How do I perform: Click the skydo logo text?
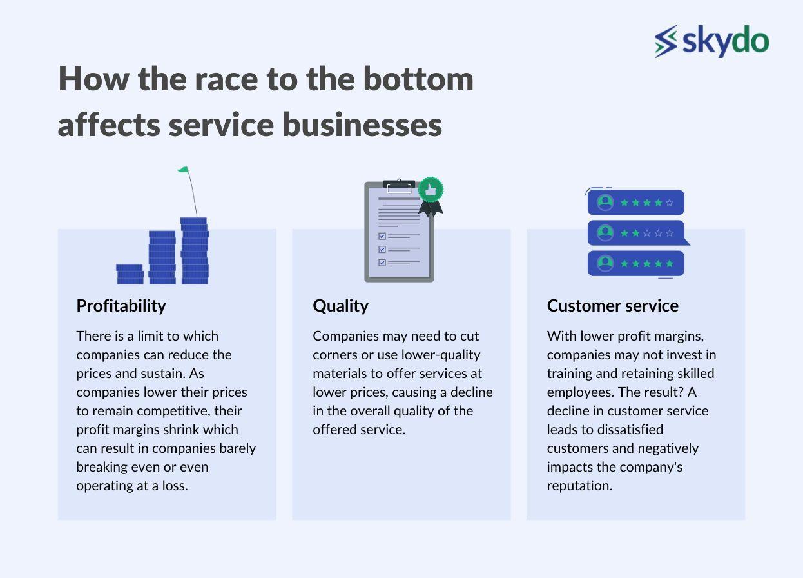pos(726,41)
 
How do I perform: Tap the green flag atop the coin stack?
pos(184,170)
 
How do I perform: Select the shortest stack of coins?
pos(130,274)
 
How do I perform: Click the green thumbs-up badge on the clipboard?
pos(431,190)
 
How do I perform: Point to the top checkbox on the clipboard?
pos(382,236)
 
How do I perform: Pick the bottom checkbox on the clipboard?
pos(382,263)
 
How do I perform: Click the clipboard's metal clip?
pos(399,186)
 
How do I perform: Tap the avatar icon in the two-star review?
pos(605,233)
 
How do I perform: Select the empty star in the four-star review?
pos(670,203)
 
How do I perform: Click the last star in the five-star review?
pos(670,264)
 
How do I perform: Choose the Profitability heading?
pos(121,306)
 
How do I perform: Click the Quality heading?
pos(340,306)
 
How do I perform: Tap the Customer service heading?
pos(613,306)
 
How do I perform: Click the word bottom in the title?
pos(419,79)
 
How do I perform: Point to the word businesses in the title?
pos(362,125)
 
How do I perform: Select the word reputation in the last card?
pos(579,486)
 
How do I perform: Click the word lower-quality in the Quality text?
pos(441,355)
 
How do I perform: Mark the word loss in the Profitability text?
pos(175,486)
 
